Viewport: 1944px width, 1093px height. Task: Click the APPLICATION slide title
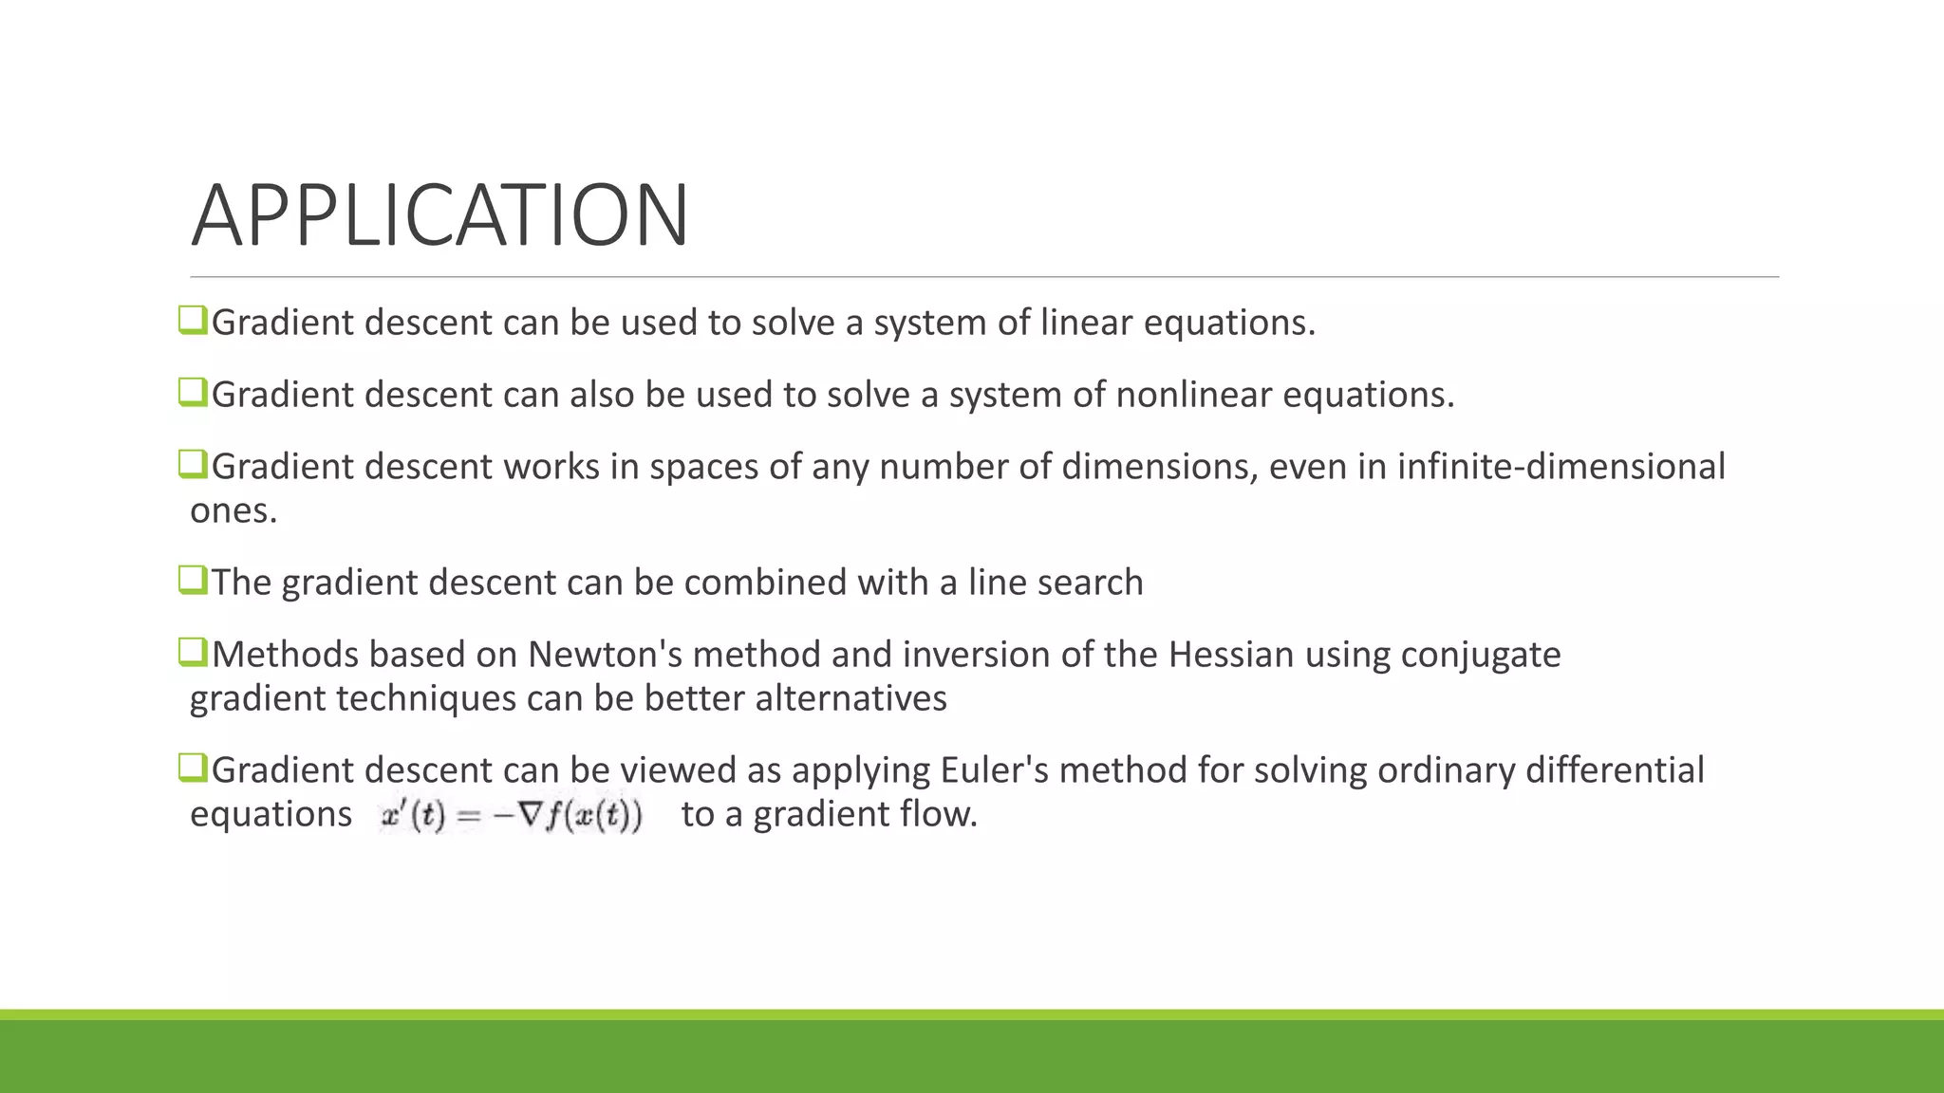439,216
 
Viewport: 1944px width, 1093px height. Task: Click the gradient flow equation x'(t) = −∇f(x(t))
512,815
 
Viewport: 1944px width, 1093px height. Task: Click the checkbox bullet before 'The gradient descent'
193,580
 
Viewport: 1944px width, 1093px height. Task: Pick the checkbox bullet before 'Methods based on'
193,652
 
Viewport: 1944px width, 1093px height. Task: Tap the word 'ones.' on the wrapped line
234,511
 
